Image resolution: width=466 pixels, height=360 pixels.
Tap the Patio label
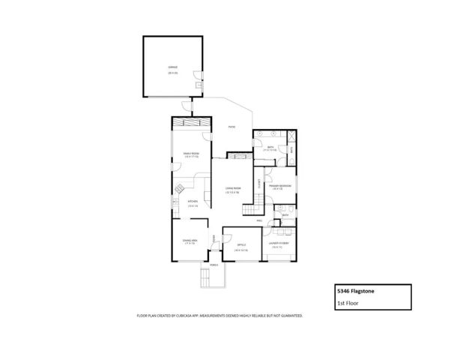pyautogui.click(x=232, y=127)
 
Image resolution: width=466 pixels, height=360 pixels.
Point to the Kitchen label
pyautogui.click(x=193, y=201)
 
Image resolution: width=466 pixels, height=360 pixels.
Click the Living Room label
pyautogui.click(x=233, y=189)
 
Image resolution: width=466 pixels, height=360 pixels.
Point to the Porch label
pyautogui.click(x=214, y=265)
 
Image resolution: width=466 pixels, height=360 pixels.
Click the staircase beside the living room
pyautogui.click(x=260, y=201)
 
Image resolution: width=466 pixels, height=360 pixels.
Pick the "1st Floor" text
pyautogui.click(x=347, y=304)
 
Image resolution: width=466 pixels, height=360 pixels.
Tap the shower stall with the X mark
pyautogui.click(x=291, y=136)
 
